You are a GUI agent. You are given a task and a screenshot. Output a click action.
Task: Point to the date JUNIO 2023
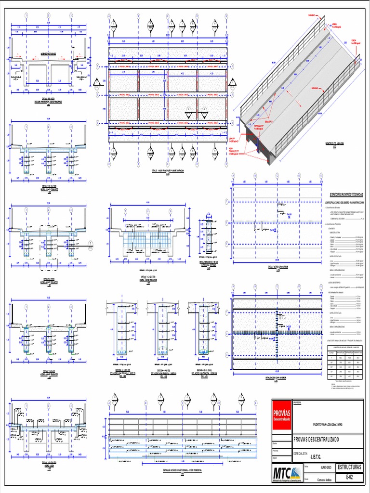[327, 467]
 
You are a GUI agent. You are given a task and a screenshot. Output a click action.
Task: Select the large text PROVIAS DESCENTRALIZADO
[316, 440]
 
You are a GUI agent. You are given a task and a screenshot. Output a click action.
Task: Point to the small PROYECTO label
[298, 402]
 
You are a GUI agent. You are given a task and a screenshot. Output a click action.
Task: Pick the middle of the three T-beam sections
[162, 330]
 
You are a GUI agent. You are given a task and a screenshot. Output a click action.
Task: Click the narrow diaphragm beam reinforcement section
[209, 237]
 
